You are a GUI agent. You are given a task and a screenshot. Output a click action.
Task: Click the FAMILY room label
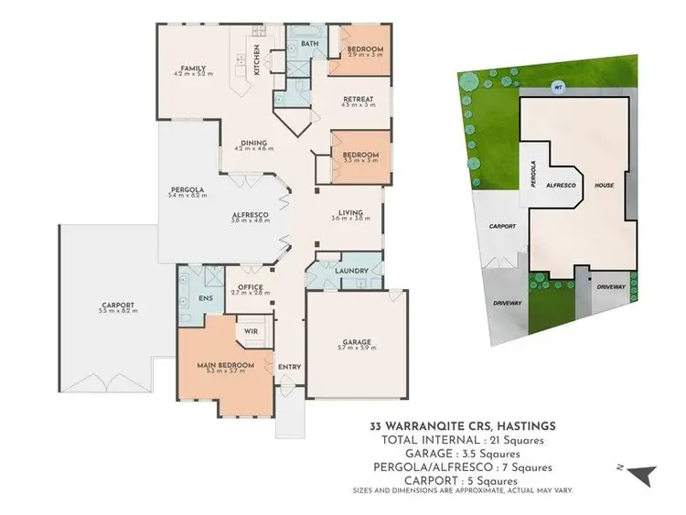coord(192,68)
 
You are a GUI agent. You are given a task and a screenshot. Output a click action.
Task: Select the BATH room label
coord(309,43)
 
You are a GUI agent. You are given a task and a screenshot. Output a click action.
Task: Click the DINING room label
coord(253,143)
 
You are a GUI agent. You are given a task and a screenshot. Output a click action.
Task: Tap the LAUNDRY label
coord(352,271)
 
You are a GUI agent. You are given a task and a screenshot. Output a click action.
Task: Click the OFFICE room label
coord(251,287)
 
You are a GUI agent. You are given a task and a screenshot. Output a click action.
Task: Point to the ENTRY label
coord(289,367)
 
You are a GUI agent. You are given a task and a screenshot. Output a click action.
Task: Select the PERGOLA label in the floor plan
coord(185,190)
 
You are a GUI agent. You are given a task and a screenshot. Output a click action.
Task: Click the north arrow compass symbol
coord(645,474)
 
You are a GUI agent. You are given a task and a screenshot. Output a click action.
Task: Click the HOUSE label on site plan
coord(605,184)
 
